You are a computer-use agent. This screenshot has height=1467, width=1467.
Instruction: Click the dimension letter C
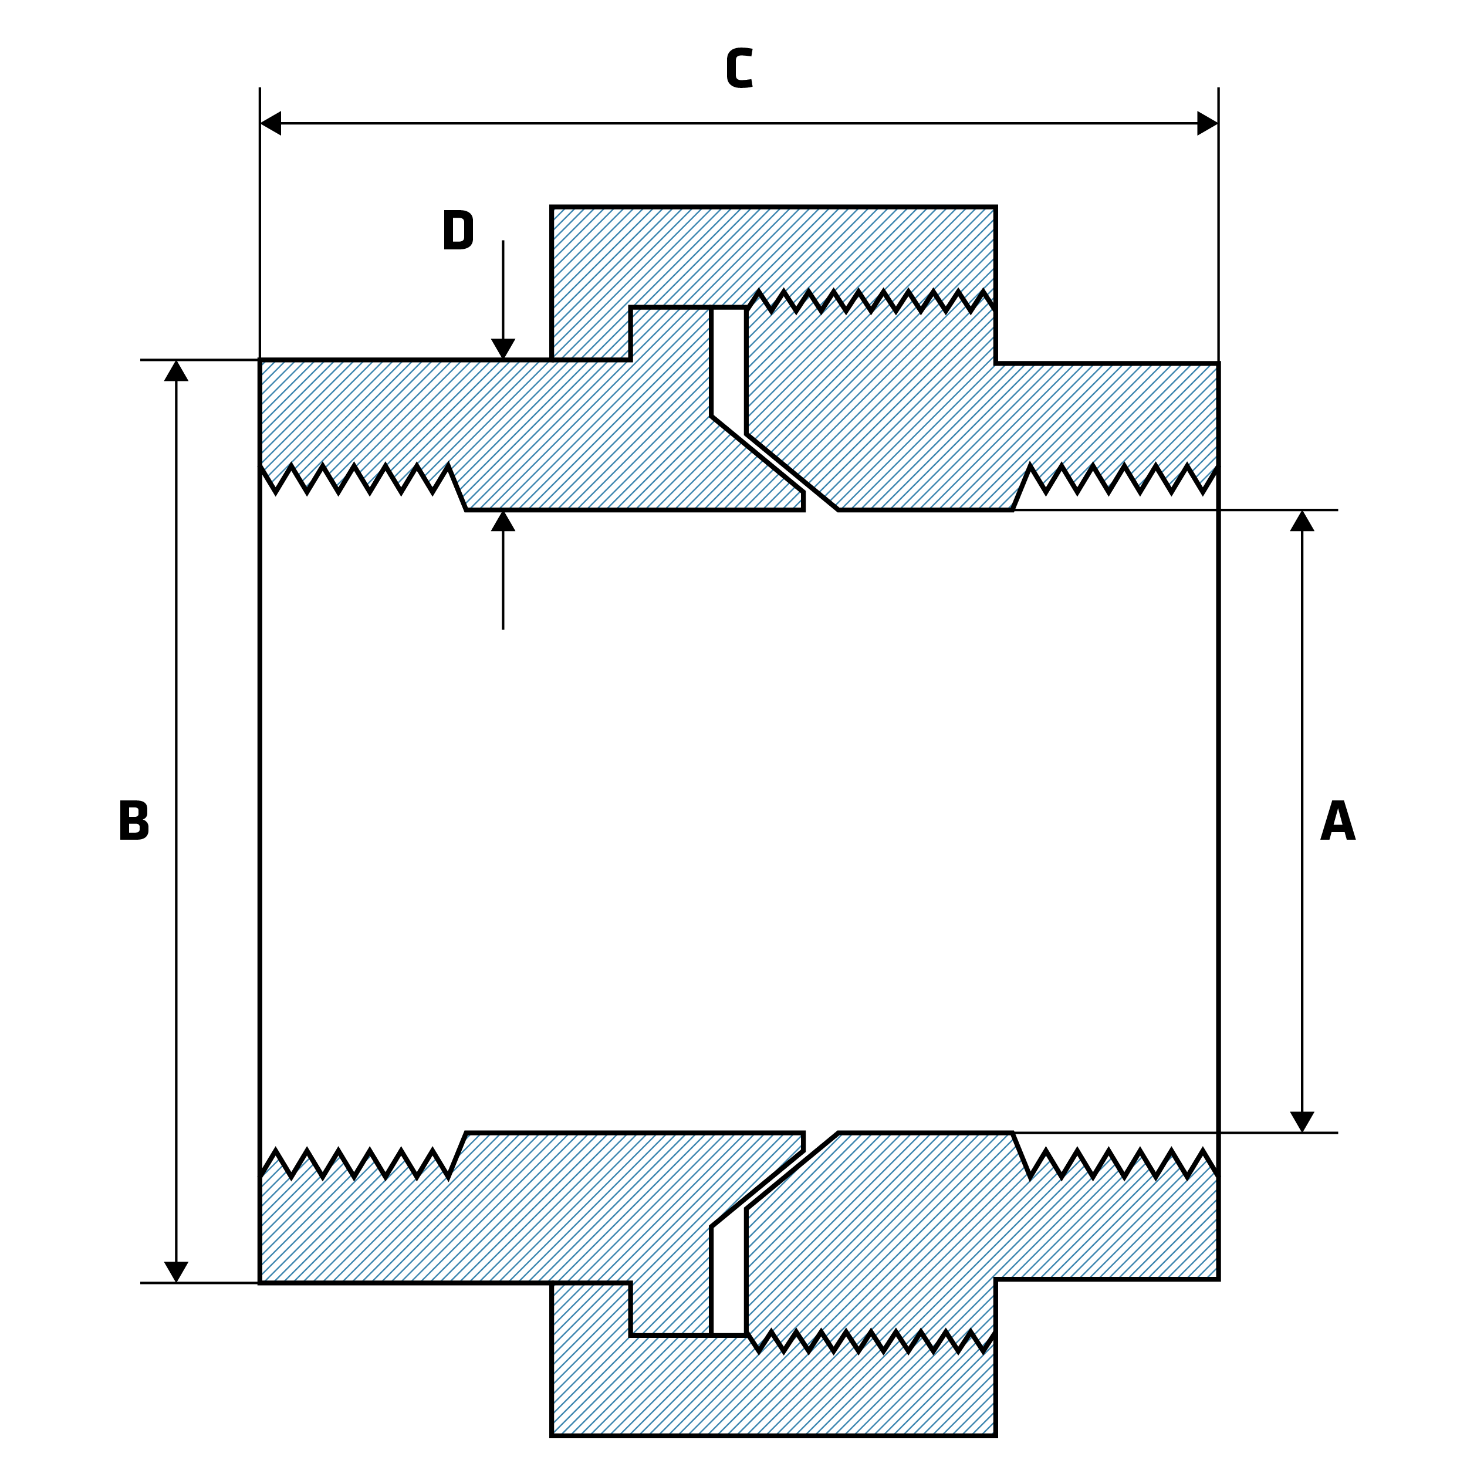(739, 68)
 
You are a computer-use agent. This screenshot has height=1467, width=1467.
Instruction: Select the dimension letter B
(134, 821)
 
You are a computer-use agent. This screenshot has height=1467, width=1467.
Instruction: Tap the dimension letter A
(1337, 821)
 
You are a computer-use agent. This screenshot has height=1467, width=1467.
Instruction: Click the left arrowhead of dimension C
(271, 123)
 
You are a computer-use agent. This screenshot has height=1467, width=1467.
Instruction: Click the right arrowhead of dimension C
(1207, 123)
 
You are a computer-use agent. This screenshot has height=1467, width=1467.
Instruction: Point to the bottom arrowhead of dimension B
(176, 1272)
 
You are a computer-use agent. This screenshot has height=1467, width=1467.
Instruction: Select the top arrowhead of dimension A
(1302, 521)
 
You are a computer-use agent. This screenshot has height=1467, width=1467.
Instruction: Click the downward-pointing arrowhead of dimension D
(503, 349)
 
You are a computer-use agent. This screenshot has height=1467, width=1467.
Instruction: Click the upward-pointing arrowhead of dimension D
(503, 522)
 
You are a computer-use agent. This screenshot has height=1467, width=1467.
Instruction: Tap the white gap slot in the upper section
(729, 364)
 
